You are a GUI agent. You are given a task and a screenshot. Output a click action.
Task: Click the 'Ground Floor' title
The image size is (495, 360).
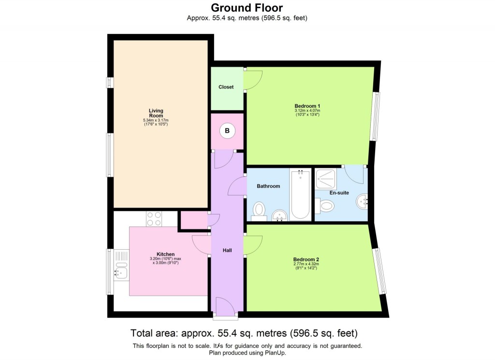pos(247,8)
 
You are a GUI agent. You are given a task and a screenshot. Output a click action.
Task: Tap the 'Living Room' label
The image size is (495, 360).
pos(156,113)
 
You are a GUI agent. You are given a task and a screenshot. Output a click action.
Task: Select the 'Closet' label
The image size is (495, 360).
pos(226,87)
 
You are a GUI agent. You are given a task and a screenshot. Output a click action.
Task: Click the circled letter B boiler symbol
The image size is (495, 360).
pos(227,130)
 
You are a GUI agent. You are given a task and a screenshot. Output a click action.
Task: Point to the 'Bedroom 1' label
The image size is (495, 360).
pos(307,106)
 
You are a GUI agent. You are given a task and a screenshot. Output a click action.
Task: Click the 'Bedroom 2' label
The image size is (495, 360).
pos(306,259)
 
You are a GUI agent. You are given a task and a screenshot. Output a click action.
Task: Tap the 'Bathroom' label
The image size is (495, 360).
pos(268,186)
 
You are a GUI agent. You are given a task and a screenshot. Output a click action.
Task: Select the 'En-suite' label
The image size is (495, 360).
pos(339,193)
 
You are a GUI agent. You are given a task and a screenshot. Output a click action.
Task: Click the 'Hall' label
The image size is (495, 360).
pos(227,250)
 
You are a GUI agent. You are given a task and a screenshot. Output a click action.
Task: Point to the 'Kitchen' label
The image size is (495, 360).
pos(165,254)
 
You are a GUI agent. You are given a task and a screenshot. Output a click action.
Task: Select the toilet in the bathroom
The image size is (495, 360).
pos(260,210)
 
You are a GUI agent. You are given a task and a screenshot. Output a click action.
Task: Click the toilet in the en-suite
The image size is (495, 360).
pos(325,207)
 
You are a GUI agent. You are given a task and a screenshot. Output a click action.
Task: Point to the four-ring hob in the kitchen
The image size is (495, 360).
pos(154,219)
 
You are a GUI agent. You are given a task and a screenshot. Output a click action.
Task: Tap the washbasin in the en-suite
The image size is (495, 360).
pos(362,201)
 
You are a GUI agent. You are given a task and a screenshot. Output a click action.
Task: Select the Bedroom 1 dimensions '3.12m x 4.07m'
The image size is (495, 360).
pos(307,111)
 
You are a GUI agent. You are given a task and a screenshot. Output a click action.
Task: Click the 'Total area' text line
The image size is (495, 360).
pos(244,333)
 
